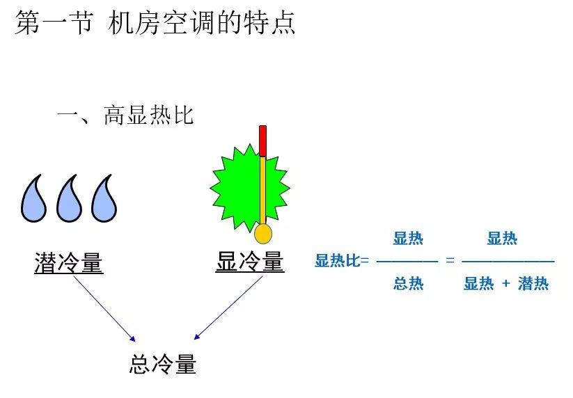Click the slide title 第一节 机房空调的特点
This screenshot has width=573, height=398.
pyautogui.click(x=155, y=22)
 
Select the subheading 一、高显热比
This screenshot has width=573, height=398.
pyautogui.click(x=125, y=115)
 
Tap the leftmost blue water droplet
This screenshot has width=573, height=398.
pyautogui.click(x=33, y=200)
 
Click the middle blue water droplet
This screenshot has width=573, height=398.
pyautogui.click(x=70, y=200)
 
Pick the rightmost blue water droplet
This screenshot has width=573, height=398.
pyautogui.click(x=105, y=200)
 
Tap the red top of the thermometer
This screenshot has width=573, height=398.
pyautogui.click(x=262, y=140)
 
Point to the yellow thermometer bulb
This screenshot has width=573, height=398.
pyautogui.click(x=262, y=234)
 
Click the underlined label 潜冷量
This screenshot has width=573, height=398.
pyautogui.click(x=69, y=263)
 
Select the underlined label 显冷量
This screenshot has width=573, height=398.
pyautogui.click(x=250, y=262)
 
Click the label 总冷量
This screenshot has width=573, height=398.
pyautogui.click(x=163, y=365)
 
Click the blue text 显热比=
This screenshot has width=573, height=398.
pyautogui.click(x=342, y=262)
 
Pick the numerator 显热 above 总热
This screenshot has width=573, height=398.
pyautogui.click(x=408, y=239)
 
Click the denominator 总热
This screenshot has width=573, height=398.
pyautogui.click(x=408, y=283)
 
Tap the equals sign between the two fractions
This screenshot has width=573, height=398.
pyautogui.click(x=450, y=261)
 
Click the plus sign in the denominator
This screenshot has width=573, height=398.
pyautogui.click(x=506, y=284)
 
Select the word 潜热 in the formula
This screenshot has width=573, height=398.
pyautogui.click(x=533, y=284)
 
